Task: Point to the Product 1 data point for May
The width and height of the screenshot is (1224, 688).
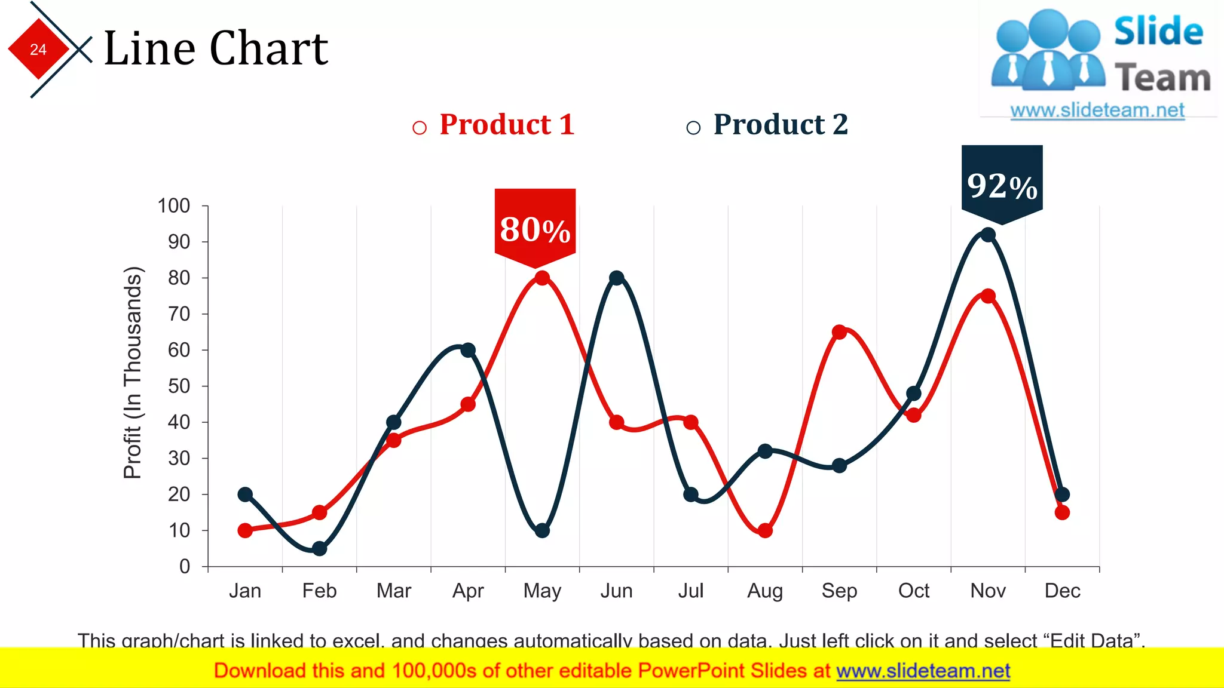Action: coord(542,278)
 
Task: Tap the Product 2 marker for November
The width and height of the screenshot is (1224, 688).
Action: coord(988,235)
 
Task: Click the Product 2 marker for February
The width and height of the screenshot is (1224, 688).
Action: coord(320,548)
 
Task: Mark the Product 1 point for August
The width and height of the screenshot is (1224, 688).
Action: coord(765,530)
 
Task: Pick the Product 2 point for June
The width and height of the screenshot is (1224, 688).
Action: coord(616,278)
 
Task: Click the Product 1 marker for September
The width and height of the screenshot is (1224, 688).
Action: coord(839,332)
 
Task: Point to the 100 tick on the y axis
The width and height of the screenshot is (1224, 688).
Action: coord(174,206)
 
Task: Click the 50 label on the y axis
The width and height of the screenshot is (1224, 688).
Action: coord(179,386)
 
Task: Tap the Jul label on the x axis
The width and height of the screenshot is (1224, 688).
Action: coord(690,591)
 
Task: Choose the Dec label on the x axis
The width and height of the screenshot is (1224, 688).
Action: coord(1062,591)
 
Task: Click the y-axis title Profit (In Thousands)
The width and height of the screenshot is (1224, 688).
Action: coord(133,373)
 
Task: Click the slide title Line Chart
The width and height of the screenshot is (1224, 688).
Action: coord(216,49)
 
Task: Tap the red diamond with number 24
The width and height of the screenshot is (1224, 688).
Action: coord(38,49)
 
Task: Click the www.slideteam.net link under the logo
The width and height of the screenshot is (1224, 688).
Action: coord(1097,110)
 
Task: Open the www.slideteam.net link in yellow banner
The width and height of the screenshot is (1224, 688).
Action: coord(923,671)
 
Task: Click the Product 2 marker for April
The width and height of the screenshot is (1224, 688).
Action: coord(468,350)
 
